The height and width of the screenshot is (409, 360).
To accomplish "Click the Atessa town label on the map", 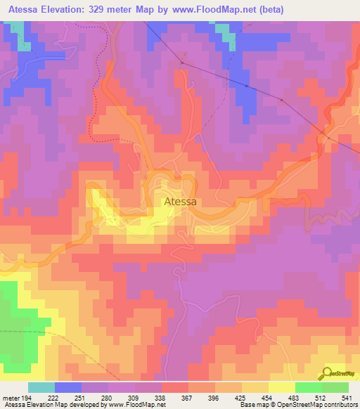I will click(180, 202).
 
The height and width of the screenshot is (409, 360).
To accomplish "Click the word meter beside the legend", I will click(11, 398).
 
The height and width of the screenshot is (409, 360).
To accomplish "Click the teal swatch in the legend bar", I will click(41, 387).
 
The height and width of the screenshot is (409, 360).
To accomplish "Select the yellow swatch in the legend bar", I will click(281, 387).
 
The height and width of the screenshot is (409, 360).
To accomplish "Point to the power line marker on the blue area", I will click(247, 86).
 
